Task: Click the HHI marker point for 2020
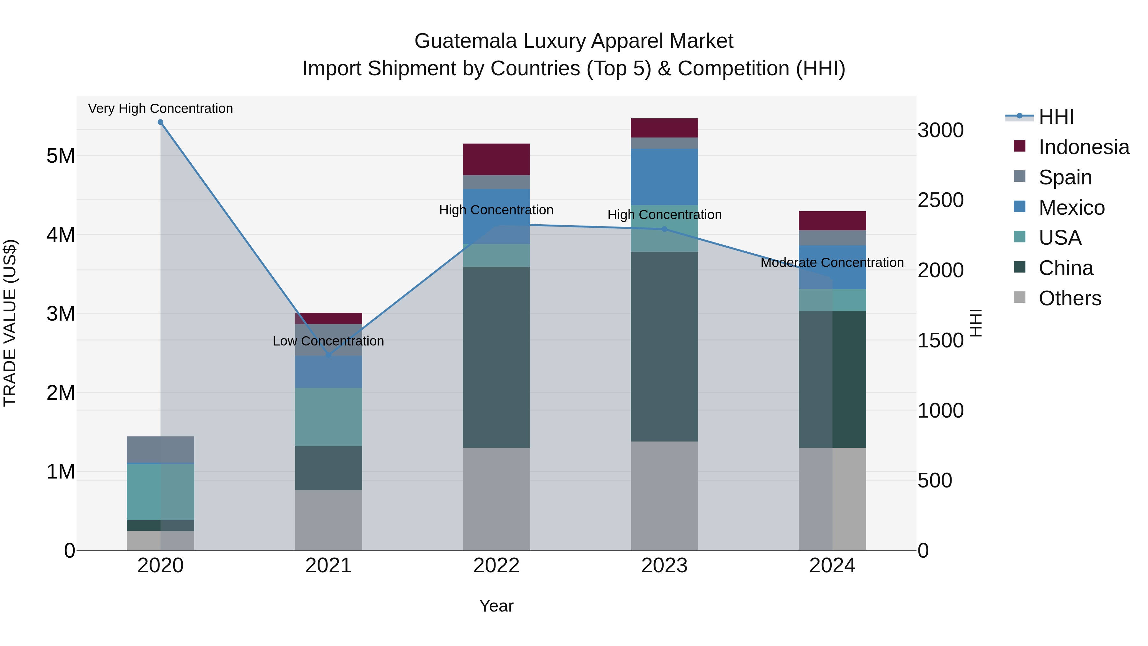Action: coord(160,122)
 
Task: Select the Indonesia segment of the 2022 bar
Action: coord(497,159)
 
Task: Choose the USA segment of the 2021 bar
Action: coord(328,417)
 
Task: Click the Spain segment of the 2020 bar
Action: coord(160,450)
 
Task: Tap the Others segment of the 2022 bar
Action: coord(497,499)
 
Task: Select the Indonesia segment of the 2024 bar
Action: coord(832,221)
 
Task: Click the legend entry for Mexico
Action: coord(1071,208)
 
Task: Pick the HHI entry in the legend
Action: coord(1056,117)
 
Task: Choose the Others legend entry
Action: coord(1070,298)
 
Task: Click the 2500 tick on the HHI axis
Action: coord(940,200)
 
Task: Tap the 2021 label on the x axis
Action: coord(328,566)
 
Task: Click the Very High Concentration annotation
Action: coord(160,109)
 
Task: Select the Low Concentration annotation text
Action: coord(328,341)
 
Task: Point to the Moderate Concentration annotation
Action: coord(832,263)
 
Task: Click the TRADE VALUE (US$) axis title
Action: coord(10,323)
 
